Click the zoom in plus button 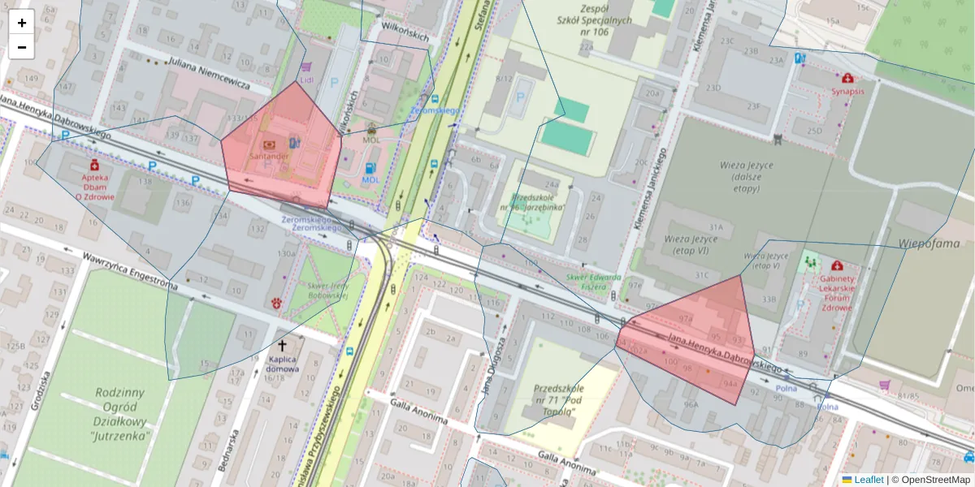pyautogui.click(x=22, y=23)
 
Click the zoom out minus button pyautogui.click(x=22, y=47)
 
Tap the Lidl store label pyautogui.click(x=306, y=80)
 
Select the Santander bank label pyautogui.click(x=270, y=155)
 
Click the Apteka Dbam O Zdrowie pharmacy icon pyautogui.click(x=95, y=165)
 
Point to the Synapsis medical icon pyautogui.click(x=847, y=79)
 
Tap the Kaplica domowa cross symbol pyautogui.click(x=282, y=345)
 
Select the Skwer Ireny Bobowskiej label pyautogui.click(x=327, y=290)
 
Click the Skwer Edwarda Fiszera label pyautogui.click(x=593, y=281)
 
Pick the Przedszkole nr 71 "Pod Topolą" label pyautogui.click(x=555, y=401)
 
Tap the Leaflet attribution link pyautogui.click(x=868, y=480)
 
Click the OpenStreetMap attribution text pyautogui.click(x=937, y=480)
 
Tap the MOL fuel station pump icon pyautogui.click(x=370, y=167)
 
